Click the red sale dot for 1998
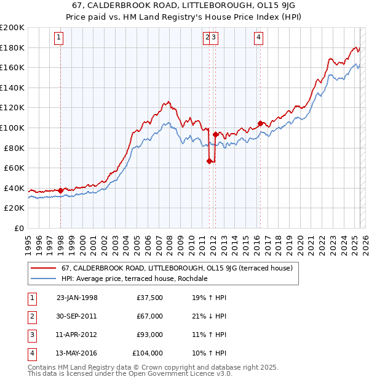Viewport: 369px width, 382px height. pos(60,190)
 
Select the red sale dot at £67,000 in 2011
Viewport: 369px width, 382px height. pos(209,161)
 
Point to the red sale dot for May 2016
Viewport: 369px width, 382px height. pos(260,123)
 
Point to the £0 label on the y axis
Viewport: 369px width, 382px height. pos(18,228)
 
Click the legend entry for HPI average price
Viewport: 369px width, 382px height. pos(134,278)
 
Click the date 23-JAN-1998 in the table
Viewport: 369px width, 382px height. pos(77,298)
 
